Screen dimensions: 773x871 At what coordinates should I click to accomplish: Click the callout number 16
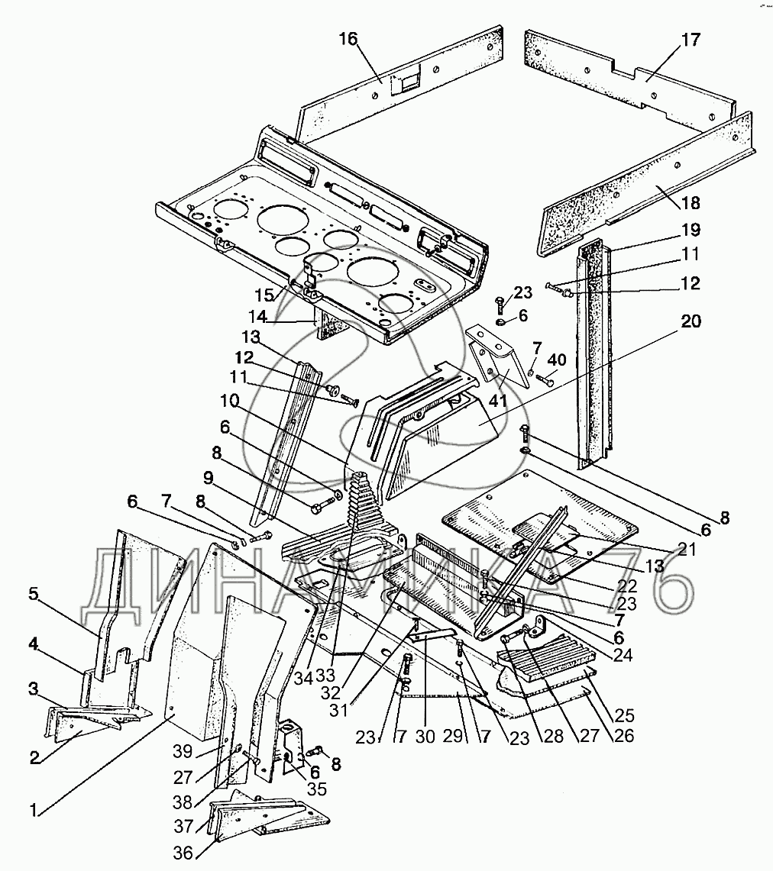pyautogui.click(x=348, y=40)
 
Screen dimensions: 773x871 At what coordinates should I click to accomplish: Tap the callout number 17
pyautogui.click(x=691, y=40)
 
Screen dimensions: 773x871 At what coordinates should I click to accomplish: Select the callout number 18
pyautogui.click(x=691, y=203)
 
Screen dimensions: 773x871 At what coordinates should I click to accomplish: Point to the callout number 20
pyautogui.click(x=691, y=321)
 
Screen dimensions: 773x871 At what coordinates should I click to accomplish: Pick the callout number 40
pyautogui.click(x=556, y=360)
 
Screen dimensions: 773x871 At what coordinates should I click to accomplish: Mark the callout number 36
pyautogui.click(x=183, y=853)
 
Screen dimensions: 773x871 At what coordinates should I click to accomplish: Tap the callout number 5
pyautogui.click(x=34, y=594)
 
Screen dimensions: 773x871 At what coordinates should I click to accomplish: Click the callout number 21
pyautogui.click(x=687, y=549)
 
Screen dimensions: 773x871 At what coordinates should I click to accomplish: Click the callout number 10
pyautogui.click(x=229, y=401)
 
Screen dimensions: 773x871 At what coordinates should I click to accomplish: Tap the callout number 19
pyautogui.click(x=691, y=230)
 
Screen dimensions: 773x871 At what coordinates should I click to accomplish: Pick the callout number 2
pyautogui.click(x=35, y=757)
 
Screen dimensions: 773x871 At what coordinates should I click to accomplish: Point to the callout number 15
pyautogui.click(x=265, y=295)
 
